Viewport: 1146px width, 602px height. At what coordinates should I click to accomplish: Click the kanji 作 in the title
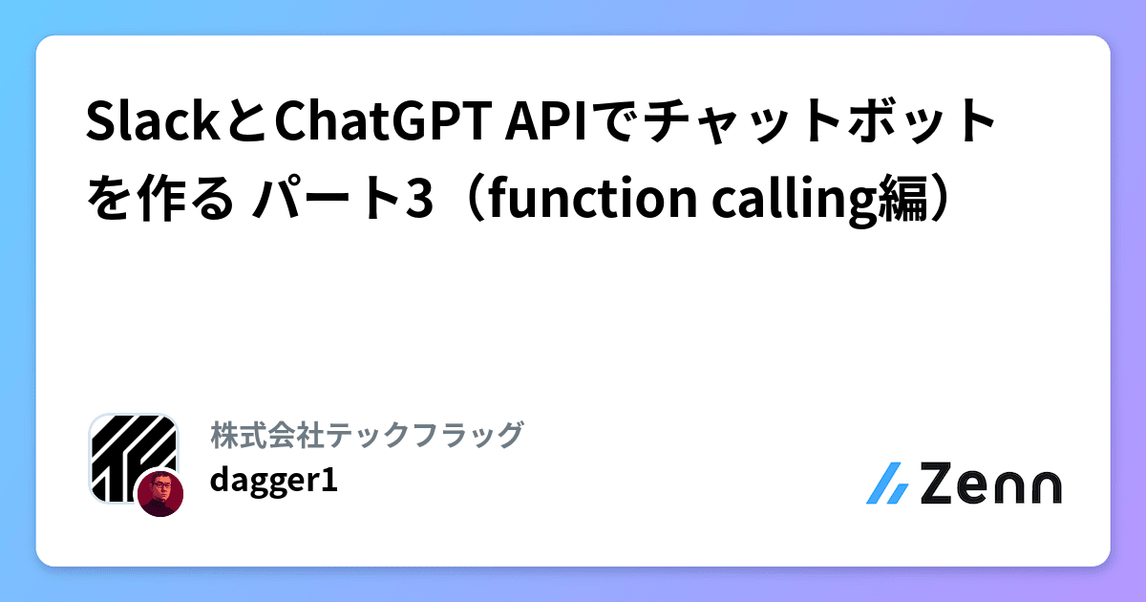point(153,197)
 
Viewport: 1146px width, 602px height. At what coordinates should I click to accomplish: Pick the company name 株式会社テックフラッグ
point(367,435)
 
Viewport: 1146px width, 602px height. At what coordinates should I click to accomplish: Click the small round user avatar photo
point(159,494)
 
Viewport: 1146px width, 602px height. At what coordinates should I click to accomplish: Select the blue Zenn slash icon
point(887,484)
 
